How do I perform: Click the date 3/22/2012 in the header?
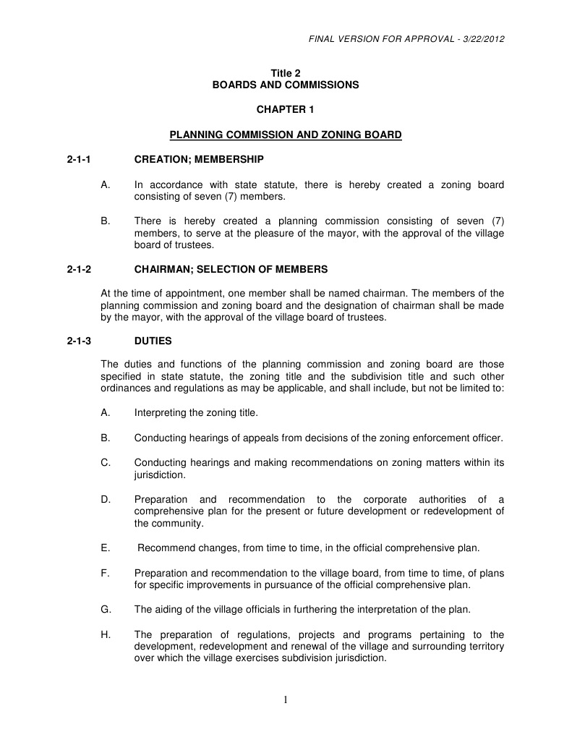[x=482, y=38]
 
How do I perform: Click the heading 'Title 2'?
[x=285, y=73]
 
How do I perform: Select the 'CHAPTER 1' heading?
[x=285, y=109]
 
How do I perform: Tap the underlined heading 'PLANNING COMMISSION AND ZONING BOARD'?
[x=285, y=135]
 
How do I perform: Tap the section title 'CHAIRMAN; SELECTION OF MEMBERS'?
[x=231, y=269]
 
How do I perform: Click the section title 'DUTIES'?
[x=153, y=340]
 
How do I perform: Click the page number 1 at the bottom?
[x=286, y=699]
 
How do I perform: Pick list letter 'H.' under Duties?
[x=106, y=634]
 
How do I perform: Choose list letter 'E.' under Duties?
[x=106, y=548]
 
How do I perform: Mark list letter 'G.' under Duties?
[x=106, y=609]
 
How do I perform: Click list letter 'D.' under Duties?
[x=106, y=499]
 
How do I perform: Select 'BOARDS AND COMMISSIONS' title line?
[x=285, y=85]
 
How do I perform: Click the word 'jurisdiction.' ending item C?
[x=160, y=475]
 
